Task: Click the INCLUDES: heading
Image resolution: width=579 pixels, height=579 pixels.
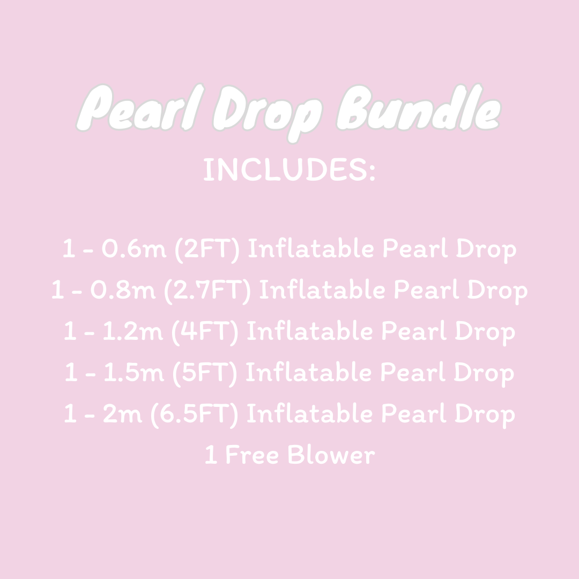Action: point(289,169)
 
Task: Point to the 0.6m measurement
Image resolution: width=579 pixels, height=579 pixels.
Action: point(135,249)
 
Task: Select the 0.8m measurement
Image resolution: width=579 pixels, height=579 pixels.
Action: point(124,291)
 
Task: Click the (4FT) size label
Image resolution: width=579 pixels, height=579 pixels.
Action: point(205,332)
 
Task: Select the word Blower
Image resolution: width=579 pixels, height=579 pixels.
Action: point(331,455)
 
